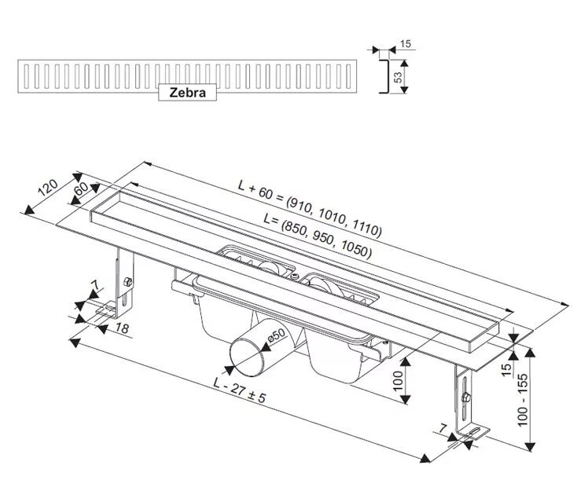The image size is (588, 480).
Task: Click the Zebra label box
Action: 187,92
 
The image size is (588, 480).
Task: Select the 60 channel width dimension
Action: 80,190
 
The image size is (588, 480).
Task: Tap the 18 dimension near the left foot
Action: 123,327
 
